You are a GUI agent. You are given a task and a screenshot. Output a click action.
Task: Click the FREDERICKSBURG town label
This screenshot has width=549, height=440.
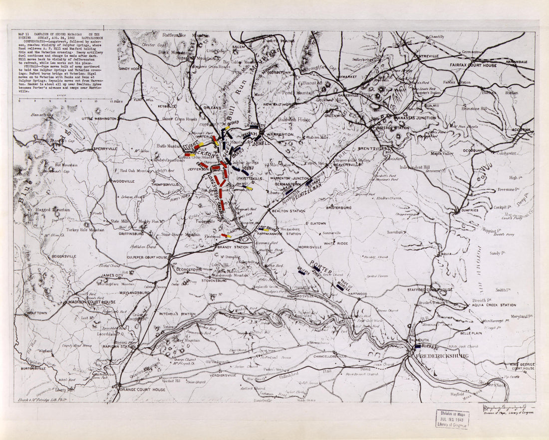[438, 356]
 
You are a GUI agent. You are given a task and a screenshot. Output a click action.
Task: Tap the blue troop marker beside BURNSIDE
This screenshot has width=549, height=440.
[417, 346]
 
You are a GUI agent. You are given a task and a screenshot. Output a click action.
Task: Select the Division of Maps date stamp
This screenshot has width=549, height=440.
[452, 419]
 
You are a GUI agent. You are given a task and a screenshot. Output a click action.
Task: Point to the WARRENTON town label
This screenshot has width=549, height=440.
[279, 134]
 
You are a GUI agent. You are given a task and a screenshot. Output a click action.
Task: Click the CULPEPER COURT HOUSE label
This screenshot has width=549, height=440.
[142, 257]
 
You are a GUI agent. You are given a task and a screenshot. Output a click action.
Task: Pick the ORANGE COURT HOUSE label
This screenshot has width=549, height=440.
[142, 390]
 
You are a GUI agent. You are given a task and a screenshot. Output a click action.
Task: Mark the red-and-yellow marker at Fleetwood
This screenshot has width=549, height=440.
[226, 235]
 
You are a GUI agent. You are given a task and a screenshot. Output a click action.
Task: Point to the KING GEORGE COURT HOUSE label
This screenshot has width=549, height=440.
[521, 366]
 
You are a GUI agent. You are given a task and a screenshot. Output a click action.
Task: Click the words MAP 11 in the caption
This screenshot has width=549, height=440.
[23, 34]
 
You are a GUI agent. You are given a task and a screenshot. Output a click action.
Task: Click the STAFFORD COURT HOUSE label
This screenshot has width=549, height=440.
[432, 290]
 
